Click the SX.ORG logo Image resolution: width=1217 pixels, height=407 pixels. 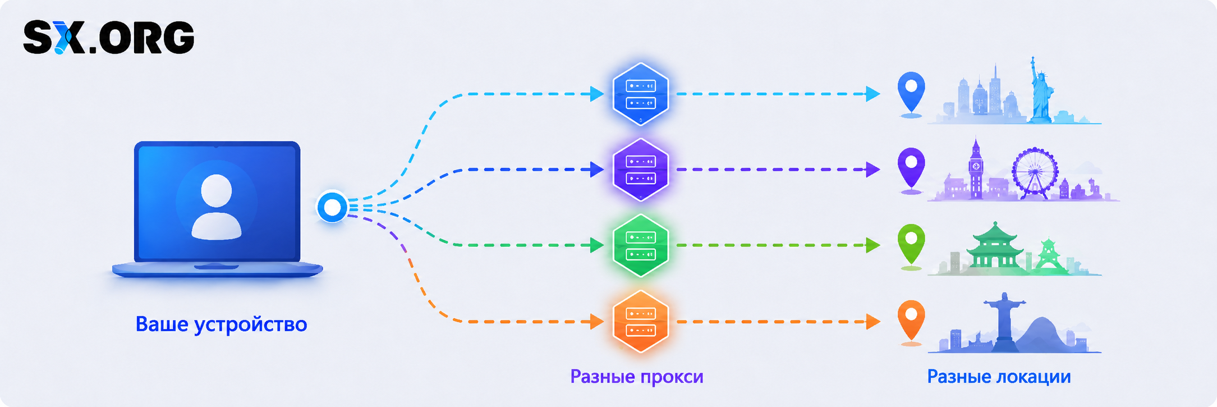pos(109,38)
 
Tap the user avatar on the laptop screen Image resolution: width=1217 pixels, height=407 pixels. pos(217,207)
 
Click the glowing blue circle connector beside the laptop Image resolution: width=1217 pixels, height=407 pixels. pos(333,207)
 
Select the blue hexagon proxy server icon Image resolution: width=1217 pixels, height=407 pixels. pos(640,94)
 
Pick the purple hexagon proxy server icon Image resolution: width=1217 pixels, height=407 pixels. pos(640,170)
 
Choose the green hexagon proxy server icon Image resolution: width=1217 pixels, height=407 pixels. pos(640,245)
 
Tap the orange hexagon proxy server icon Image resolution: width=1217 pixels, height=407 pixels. pos(640,322)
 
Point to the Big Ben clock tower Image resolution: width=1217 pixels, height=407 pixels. pos(976,168)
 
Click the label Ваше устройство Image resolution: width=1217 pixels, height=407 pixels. pos(221,324)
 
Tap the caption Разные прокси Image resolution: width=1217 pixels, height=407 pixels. pos(637,376)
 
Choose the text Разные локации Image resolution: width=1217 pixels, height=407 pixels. pos(999,376)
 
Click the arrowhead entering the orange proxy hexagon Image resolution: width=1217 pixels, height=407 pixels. pos(597,322)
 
